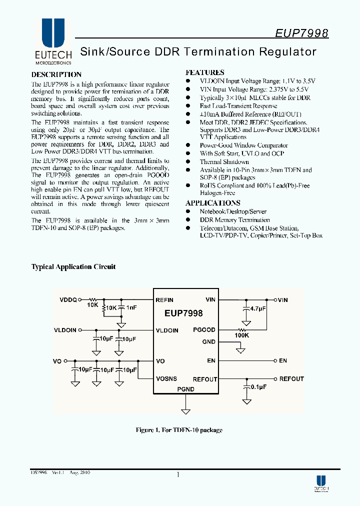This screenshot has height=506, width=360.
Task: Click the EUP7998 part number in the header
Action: [x=301, y=33]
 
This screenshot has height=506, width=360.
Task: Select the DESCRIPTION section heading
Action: [x=56, y=74]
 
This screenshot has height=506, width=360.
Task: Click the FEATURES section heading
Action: [x=205, y=72]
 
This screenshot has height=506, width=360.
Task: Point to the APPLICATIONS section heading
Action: [x=213, y=203]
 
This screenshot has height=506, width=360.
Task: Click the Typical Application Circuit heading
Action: [x=73, y=267]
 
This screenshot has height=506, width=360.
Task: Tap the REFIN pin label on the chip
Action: [x=164, y=300]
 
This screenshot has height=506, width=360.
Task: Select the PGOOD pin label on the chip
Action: [x=204, y=330]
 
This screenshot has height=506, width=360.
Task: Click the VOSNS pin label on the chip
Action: [x=166, y=379]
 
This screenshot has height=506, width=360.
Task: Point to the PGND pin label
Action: [x=185, y=389]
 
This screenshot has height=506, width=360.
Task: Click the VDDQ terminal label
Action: [x=68, y=300]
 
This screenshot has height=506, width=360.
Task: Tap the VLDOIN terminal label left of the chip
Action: [x=65, y=330]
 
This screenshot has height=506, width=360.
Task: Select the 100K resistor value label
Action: [x=242, y=335]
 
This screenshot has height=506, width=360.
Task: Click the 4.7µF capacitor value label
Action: [x=257, y=309]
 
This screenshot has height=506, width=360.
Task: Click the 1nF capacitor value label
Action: [x=131, y=308]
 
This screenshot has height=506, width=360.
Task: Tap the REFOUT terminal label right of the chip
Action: [x=291, y=379]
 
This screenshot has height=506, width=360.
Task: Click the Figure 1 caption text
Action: [x=179, y=430]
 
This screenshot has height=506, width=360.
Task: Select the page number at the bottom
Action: [x=178, y=475]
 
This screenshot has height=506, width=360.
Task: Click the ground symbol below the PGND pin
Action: [x=185, y=412]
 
